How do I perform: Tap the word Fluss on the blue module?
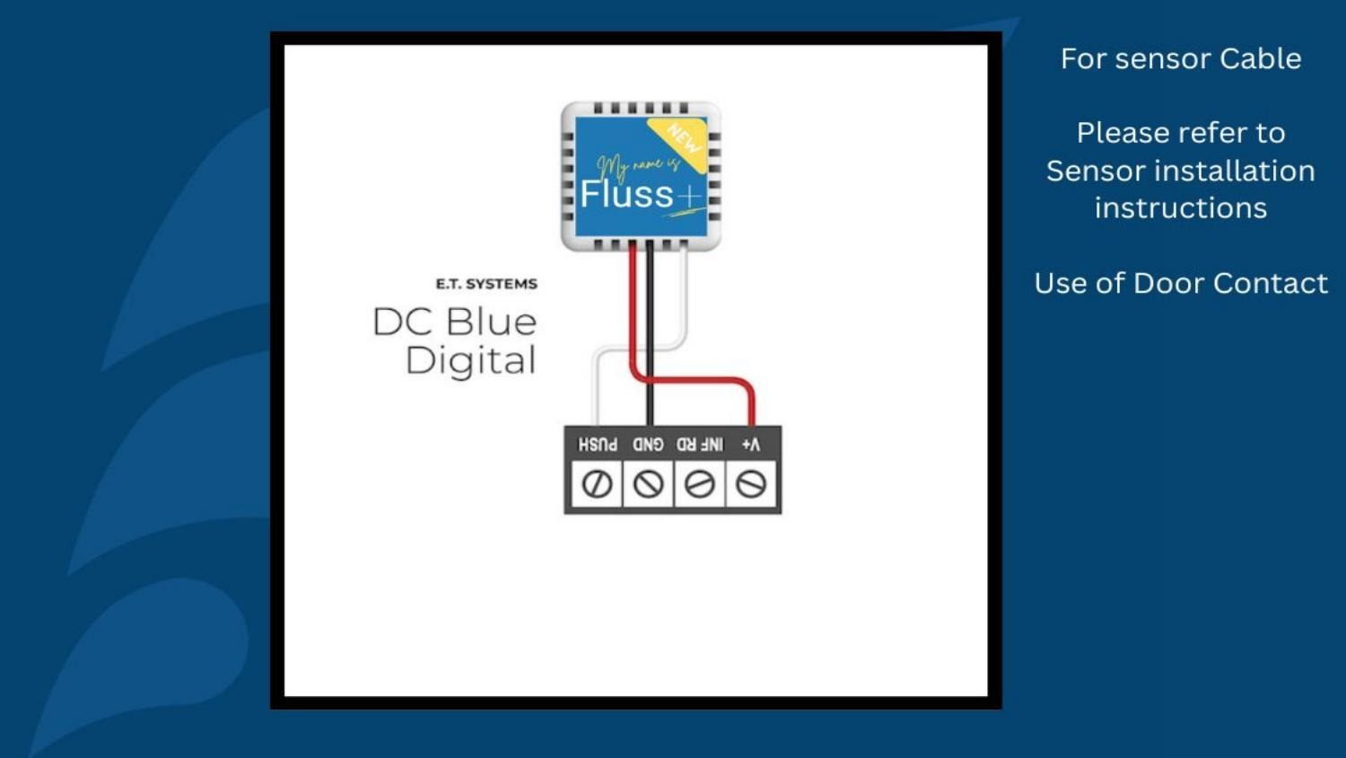pos(626,194)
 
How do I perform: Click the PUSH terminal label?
pos(598,445)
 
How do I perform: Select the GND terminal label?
pos(648,445)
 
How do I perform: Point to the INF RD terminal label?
pos(700,445)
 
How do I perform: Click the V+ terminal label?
pos(751,445)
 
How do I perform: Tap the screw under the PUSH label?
pos(598,484)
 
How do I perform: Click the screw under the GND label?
pos(649,484)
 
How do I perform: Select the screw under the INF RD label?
pos(700,484)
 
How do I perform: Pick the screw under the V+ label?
pos(751,484)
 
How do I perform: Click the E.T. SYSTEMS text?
pos(486,284)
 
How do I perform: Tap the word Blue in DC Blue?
pos(491,322)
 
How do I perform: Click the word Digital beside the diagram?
pos(471,361)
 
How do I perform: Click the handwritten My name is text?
pos(638,165)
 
